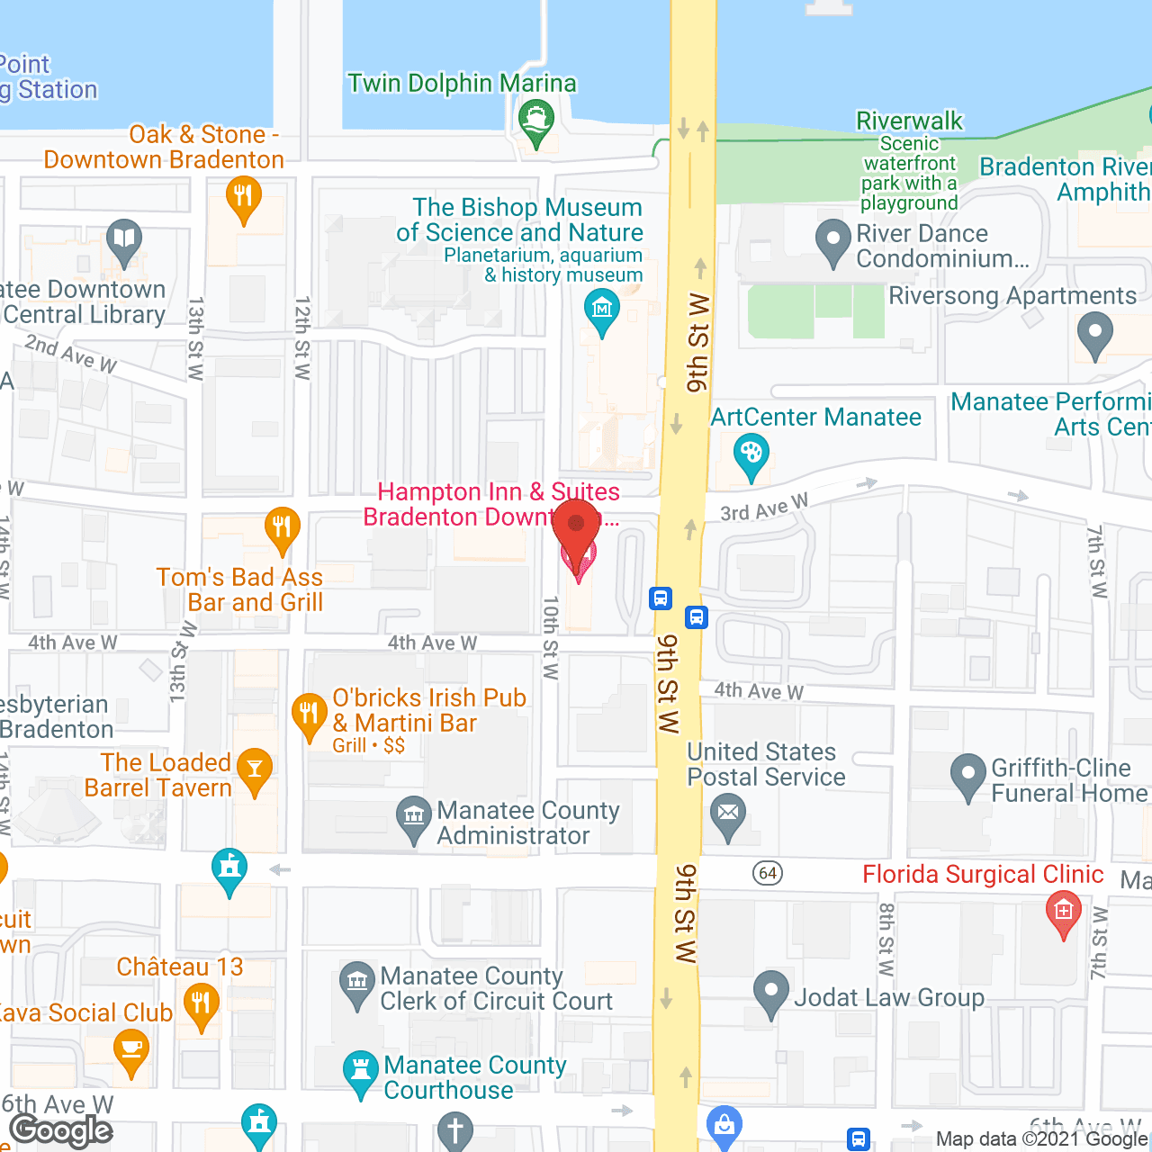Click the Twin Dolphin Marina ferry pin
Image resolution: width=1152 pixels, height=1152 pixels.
536,121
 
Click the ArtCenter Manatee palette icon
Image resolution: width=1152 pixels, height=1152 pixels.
751,453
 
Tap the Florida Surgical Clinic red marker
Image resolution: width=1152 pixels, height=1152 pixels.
1063,912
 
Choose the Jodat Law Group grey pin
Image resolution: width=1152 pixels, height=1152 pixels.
770,991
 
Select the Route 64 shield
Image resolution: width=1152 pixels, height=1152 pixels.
768,873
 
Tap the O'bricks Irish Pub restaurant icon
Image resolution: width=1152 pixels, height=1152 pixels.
310,715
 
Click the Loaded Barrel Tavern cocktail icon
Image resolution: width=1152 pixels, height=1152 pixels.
255,769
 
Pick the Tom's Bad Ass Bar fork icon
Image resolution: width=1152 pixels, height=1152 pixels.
282,527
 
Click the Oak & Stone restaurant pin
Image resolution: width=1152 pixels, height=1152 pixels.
243,195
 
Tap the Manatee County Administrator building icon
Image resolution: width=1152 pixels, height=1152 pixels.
414,817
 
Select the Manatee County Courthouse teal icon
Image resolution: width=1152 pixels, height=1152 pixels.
361,1071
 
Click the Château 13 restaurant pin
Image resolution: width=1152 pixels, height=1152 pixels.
201,1003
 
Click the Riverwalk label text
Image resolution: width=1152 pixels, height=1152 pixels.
909,121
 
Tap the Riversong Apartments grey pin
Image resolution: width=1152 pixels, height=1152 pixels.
1095,333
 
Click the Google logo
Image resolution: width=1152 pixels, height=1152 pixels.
61,1130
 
